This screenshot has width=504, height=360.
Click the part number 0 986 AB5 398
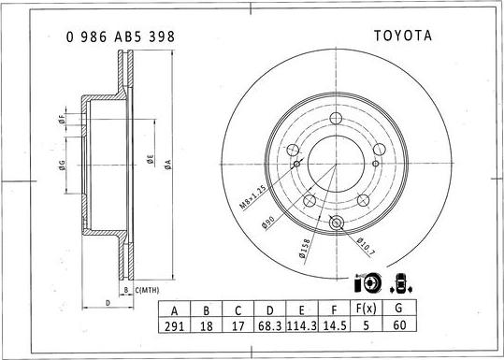(x=119, y=36)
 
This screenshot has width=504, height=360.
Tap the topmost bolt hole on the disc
(x=336, y=117)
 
